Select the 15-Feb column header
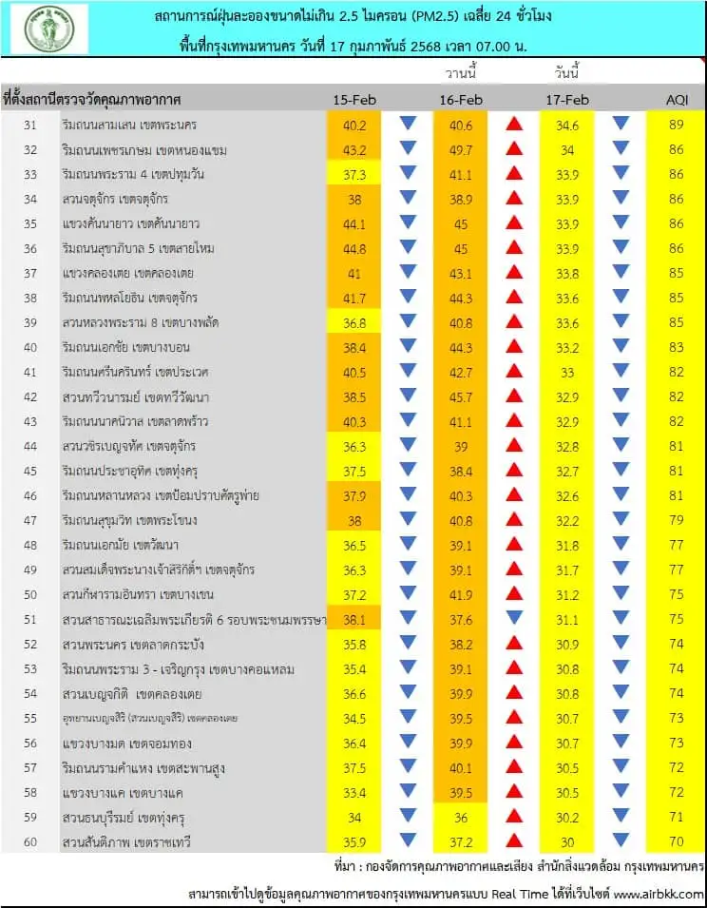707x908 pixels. pyautogui.click(x=354, y=100)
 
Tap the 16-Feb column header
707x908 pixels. pyautogui.click(x=461, y=100)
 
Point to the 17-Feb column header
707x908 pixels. pyautogui.click(x=567, y=100)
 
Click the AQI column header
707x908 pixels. pyautogui.click(x=677, y=100)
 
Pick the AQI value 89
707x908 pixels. pyautogui.click(x=677, y=125)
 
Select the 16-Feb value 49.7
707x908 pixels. pyautogui.click(x=461, y=149)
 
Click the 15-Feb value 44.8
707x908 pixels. pyautogui.click(x=354, y=248)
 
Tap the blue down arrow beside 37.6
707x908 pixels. pyautogui.click(x=514, y=618)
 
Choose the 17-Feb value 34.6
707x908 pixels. pyautogui.click(x=567, y=125)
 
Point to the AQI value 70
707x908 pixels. pyautogui.click(x=677, y=840)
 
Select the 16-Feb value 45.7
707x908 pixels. pyautogui.click(x=461, y=396)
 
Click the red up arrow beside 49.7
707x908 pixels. pyautogui.click(x=514, y=149)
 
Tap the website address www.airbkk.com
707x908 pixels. pyautogui.click(x=658, y=894)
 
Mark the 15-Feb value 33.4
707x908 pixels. pyautogui.click(x=354, y=791)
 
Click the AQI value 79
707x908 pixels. pyautogui.click(x=677, y=519)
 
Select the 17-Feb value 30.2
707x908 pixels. pyautogui.click(x=567, y=816)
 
